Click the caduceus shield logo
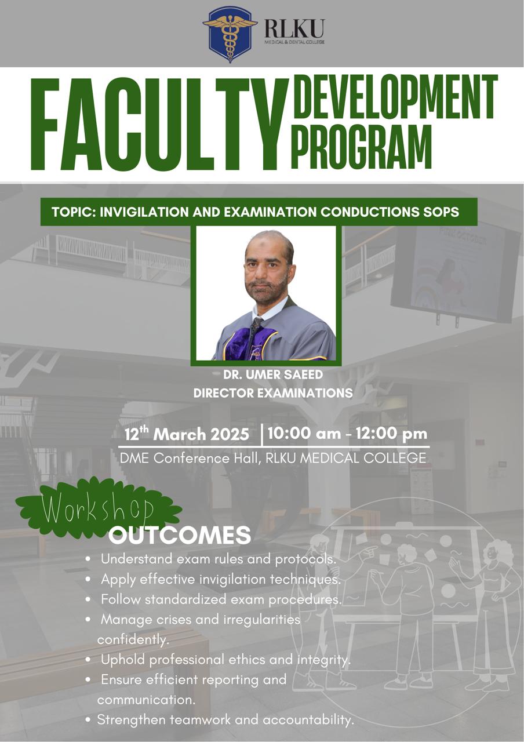coord(230,35)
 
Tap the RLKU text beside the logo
coord(294,28)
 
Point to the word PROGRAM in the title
coord(362,147)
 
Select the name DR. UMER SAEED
coord(273,374)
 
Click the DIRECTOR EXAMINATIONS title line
coord(273,393)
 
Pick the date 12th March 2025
coord(187,434)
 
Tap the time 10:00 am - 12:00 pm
coord(347,434)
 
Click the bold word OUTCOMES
coord(180,534)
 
